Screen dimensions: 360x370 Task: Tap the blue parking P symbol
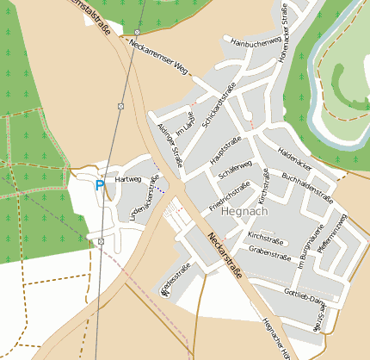(100, 184)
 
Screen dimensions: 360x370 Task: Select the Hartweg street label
(126, 179)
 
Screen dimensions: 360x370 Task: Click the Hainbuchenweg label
(252, 40)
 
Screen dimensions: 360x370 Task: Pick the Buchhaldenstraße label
(307, 185)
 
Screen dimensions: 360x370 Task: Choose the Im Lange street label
(186, 124)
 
